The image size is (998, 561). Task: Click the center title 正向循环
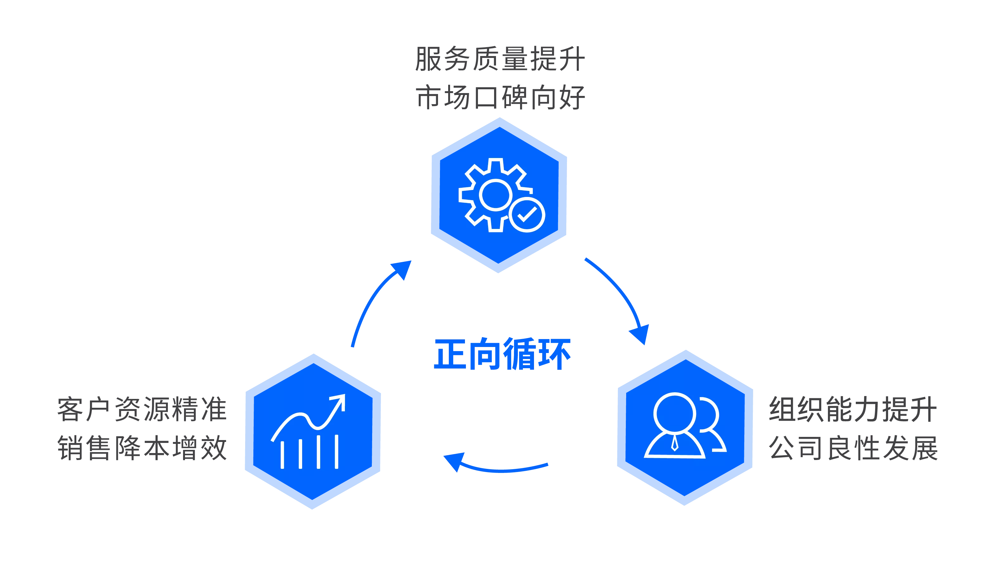pyautogui.click(x=502, y=354)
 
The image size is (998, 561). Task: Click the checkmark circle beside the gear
pyautogui.click(x=527, y=214)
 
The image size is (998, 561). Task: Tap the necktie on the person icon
pyautogui.click(x=675, y=442)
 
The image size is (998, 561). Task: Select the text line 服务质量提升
pyautogui.click(x=500, y=59)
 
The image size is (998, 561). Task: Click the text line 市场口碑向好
pyautogui.click(x=500, y=97)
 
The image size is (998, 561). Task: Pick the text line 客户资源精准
pyautogui.click(x=142, y=409)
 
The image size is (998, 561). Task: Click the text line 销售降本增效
pyautogui.click(x=142, y=448)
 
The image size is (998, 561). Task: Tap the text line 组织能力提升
pyautogui.click(x=852, y=409)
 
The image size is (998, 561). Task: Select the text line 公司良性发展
pyautogui.click(x=852, y=448)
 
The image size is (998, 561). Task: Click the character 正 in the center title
pyautogui.click(x=451, y=354)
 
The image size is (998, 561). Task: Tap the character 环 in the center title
pyautogui.click(x=554, y=354)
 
